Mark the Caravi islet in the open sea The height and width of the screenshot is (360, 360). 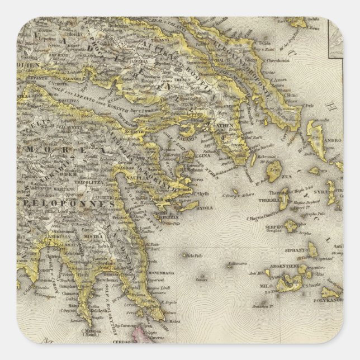tap(201, 280)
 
